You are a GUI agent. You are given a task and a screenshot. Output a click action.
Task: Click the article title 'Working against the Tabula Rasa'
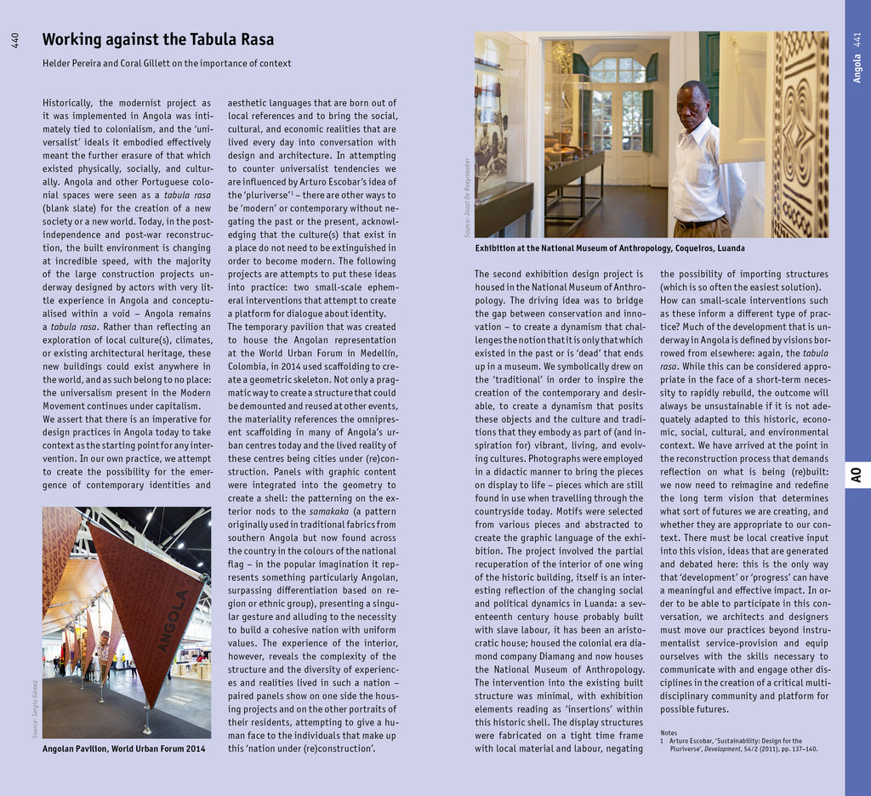(158, 40)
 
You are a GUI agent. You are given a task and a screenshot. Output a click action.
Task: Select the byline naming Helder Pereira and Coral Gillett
(167, 64)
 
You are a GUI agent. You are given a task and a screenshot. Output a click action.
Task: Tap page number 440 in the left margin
(14, 40)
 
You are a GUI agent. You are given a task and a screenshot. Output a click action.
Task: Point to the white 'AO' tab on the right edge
(857, 474)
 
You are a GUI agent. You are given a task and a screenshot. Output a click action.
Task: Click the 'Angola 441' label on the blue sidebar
(857, 58)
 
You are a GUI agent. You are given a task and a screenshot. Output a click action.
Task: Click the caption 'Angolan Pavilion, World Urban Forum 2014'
(124, 749)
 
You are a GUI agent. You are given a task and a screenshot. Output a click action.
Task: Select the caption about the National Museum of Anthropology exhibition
(610, 248)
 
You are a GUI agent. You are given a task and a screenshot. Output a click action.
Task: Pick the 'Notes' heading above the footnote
(669, 732)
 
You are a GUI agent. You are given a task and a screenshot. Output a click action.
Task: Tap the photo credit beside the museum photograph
(467, 196)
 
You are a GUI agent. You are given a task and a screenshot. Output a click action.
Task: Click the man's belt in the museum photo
(697, 224)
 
